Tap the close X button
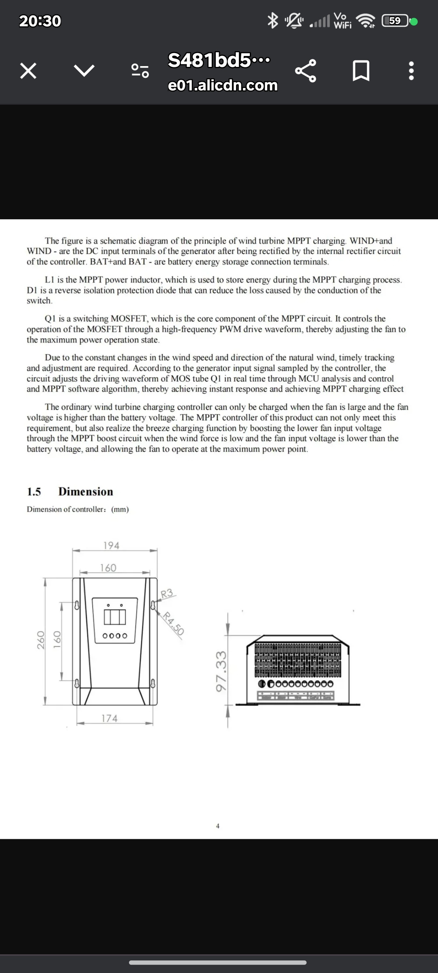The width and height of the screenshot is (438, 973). [28, 71]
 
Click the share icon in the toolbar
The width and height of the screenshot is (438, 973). [305, 71]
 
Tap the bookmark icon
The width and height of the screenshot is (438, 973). [361, 71]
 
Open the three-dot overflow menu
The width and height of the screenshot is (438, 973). [411, 71]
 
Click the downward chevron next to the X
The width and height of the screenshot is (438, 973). [84, 71]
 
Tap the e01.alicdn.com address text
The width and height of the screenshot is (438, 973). [223, 86]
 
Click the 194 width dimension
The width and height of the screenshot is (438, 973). [111, 545]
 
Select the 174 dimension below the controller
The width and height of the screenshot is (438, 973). [109, 718]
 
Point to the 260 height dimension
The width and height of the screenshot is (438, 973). [41, 640]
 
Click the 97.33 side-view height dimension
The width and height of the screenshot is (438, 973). [221, 671]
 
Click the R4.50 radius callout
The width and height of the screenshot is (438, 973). [174, 623]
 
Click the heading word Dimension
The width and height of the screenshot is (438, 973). [86, 491]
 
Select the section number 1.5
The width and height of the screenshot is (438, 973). [34, 492]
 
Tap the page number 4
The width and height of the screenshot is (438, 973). [218, 826]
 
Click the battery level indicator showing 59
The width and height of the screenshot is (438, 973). [395, 21]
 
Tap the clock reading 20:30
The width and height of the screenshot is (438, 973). [40, 21]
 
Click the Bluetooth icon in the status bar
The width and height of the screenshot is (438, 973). [273, 20]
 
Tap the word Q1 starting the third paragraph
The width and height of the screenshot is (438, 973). [51, 319]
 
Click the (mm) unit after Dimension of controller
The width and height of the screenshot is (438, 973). [120, 509]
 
